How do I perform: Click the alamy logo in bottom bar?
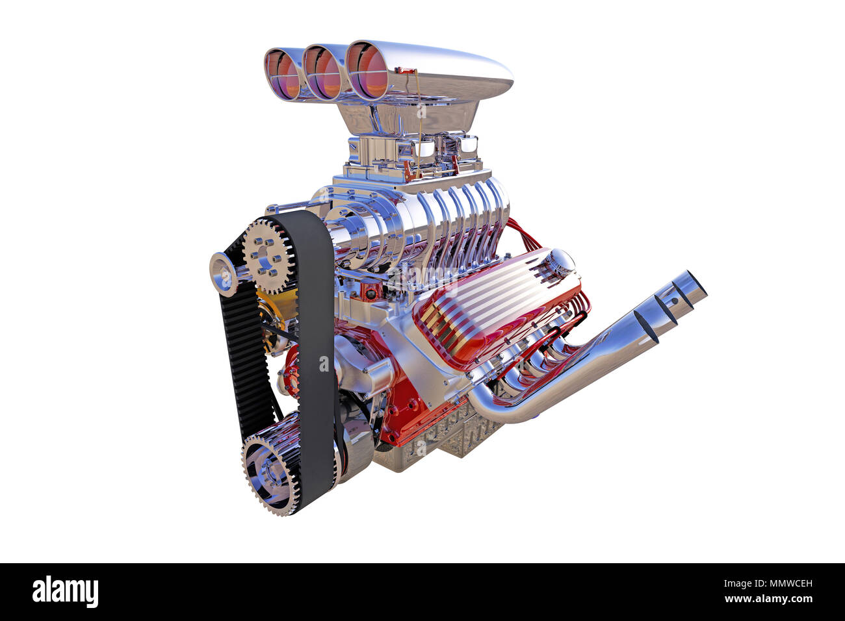coord(65,592)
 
